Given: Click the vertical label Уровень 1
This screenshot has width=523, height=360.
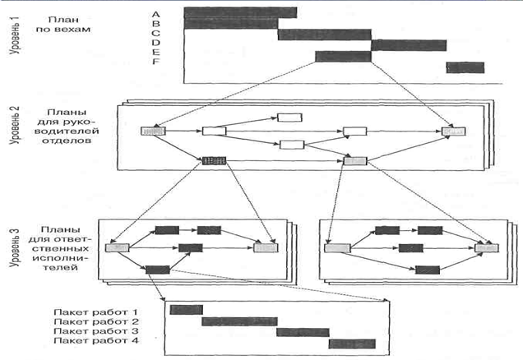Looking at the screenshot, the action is tap(16, 35).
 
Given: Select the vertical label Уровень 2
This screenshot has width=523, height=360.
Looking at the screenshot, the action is tap(15, 125).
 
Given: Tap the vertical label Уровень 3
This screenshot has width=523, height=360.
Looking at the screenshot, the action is tap(15, 247).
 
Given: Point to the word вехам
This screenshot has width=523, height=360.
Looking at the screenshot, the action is tap(72, 30).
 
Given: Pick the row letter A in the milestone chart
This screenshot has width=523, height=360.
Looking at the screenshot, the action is tap(155, 14).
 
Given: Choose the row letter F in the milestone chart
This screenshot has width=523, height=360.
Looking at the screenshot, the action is tap(155, 62).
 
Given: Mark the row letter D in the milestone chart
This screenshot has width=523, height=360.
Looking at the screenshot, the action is tap(155, 43).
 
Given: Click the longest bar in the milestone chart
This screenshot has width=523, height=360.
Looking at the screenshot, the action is tap(240, 12).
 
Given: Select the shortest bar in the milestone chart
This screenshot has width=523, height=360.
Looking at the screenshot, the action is tap(465, 67).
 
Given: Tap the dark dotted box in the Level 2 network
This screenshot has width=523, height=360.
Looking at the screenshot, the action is tap(214, 161).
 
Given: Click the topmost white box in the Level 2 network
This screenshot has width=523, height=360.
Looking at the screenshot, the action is tap(289, 118).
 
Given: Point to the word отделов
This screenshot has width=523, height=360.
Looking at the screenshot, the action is tap(67, 141).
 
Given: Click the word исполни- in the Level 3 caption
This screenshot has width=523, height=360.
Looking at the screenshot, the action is tap(62, 257).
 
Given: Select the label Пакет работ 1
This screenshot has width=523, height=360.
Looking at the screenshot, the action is tap(95, 312).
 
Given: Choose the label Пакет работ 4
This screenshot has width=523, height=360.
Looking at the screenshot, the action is tap(95, 340).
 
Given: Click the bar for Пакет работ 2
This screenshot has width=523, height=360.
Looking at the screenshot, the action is tap(239, 321).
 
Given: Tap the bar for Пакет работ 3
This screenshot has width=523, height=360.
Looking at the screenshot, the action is tap(303, 332).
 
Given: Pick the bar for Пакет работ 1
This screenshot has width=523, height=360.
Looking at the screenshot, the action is tap(186, 310).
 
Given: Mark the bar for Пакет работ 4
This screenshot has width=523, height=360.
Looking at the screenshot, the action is tap(352, 344).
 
